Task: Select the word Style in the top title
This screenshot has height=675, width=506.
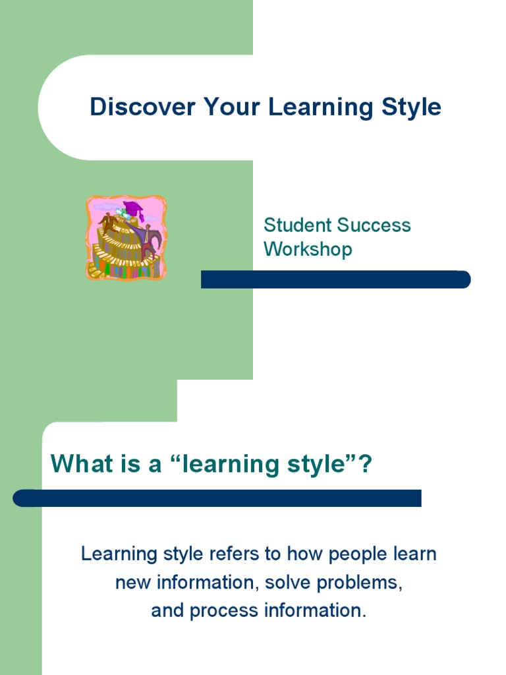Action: click(411, 107)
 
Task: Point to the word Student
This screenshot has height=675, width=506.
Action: click(297, 225)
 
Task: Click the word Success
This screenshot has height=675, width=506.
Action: click(374, 225)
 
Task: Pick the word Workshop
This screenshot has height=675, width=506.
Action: click(308, 249)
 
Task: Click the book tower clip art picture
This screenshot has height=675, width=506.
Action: click(126, 237)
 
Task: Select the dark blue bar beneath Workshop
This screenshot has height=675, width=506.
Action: click(336, 279)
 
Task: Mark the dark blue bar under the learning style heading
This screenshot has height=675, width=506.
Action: click(217, 498)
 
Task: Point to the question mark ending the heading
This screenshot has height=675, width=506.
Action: click(366, 465)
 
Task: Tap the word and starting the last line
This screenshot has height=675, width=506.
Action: click(167, 611)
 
